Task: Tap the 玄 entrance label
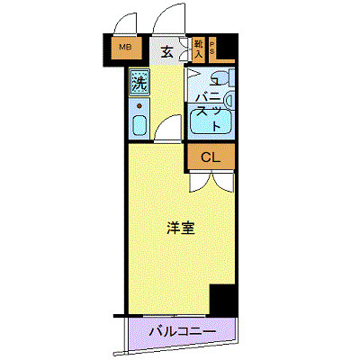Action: tap(166, 51)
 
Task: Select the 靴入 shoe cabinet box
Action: tap(198, 48)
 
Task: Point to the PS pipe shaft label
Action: tap(212, 48)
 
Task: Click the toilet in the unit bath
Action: tap(225, 76)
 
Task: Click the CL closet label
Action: tap(210, 157)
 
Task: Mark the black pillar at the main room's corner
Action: tap(221, 298)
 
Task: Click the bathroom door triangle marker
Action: tap(194, 75)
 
